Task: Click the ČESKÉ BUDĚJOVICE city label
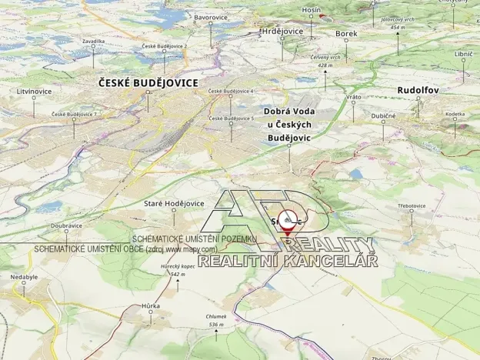[148, 82]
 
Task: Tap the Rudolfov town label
[418, 90]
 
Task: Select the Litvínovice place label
[34, 91]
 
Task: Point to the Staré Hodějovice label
[175, 203]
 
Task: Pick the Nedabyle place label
[23, 276]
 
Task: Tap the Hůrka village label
[151, 305]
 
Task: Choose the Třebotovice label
[412, 205]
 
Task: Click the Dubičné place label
[383, 115]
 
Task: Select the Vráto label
[354, 97]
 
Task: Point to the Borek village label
[346, 34]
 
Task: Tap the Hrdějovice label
[282, 31]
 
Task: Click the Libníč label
[463, 54]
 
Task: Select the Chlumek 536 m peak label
[215, 320]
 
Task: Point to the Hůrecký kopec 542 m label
[178, 270]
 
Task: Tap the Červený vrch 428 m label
[325, 61]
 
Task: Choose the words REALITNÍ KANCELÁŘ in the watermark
[288, 261]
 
